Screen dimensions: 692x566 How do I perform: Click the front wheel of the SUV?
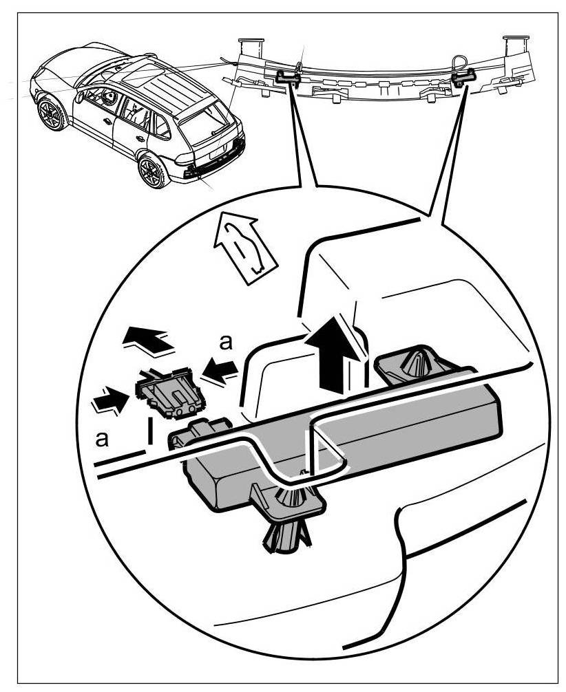(x=52, y=113)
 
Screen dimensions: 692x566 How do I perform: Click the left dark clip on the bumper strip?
(x=286, y=77)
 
